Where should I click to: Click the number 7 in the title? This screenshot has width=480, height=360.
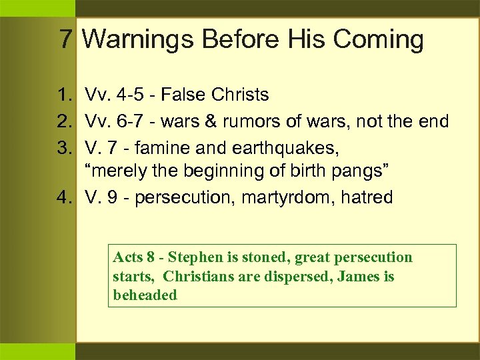tap(65, 40)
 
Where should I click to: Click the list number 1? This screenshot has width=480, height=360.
tap(65, 95)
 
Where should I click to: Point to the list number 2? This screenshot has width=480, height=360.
tap(65, 121)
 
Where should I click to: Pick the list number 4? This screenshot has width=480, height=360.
tap(65, 198)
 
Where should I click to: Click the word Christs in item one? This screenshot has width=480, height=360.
tap(242, 95)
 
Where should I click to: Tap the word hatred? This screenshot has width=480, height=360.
tap(367, 198)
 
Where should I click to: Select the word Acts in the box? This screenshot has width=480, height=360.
tap(128, 257)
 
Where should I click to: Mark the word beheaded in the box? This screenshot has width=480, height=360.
tap(145, 295)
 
